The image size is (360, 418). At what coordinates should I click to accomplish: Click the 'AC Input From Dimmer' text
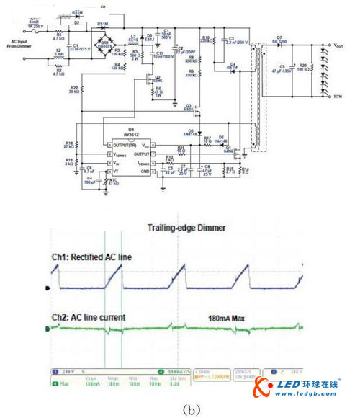coord(22,45)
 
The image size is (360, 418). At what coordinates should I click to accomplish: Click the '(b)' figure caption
coord(177,409)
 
